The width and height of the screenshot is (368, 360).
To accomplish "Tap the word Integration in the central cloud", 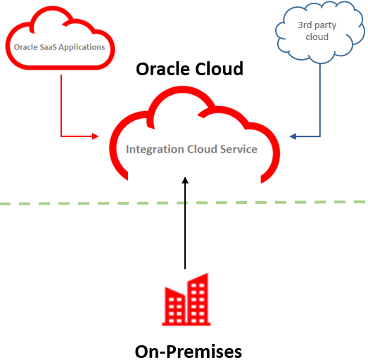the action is point(155,150).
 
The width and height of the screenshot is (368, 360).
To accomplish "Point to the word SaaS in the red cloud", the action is point(48,47).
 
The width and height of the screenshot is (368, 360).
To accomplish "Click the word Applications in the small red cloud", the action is point(82,48).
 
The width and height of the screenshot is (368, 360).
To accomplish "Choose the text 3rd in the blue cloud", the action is point(305,25).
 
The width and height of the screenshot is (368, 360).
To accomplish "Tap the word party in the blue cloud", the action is point(325,26).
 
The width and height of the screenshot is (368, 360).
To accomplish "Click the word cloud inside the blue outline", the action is point(317,37).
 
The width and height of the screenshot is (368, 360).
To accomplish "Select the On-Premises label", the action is point(189,352).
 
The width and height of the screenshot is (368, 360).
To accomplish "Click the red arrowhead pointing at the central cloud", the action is point(95,136).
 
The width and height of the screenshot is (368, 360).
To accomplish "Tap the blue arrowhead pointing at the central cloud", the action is point(293,136).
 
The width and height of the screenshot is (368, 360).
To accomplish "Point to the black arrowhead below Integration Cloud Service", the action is point(185,180).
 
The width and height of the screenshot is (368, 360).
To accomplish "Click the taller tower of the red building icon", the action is point(198,299).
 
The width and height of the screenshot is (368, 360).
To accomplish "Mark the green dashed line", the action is point(182,203).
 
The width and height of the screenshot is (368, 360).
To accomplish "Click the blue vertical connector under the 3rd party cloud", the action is point(320,100).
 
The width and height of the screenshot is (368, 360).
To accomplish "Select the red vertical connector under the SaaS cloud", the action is point(61,105).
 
